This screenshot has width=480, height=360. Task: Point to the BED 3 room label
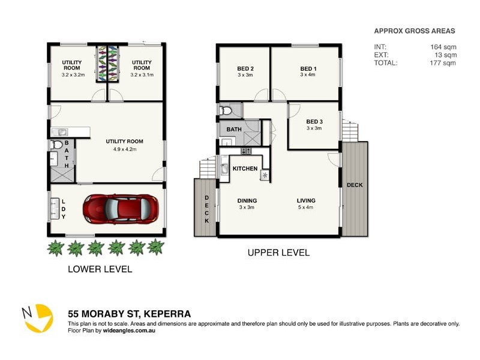tap(314, 121)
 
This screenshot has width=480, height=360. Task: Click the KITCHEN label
tap(245, 169)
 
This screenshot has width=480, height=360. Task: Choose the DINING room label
tap(247, 200)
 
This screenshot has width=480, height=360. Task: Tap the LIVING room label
tap(305, 200)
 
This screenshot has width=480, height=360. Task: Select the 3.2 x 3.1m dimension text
tap(142, 75)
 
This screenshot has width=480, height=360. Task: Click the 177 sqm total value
tap(443, 62)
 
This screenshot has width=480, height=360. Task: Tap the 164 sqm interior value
tap(443, 47)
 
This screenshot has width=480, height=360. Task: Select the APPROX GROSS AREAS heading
tap(414, 31)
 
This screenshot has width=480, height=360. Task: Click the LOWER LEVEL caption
tap(100, 269)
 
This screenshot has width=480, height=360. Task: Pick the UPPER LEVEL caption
tap(278, 253)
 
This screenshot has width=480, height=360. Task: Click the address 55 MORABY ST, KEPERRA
tap(129, 314)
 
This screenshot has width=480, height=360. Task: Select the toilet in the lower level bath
tap(56, 145)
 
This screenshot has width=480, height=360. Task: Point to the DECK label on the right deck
tap(355, 185)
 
